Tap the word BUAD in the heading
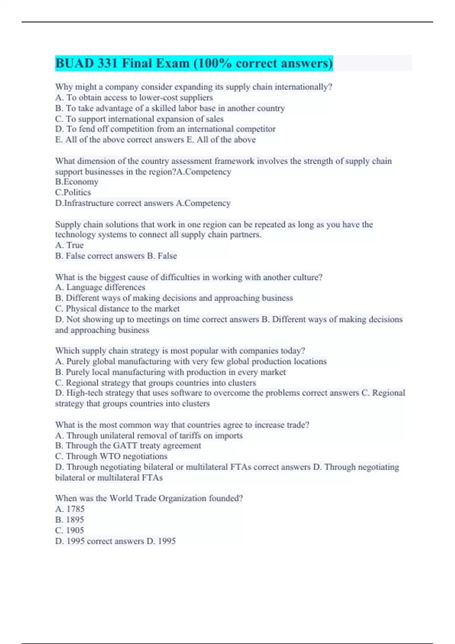(74, 63)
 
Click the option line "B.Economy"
(77, 182)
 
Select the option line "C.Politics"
(73, 192)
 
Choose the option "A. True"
(69, 245)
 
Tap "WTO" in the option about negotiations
(110, 456)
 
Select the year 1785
(75, 509)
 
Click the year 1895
(75, 520)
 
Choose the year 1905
(75, 530)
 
